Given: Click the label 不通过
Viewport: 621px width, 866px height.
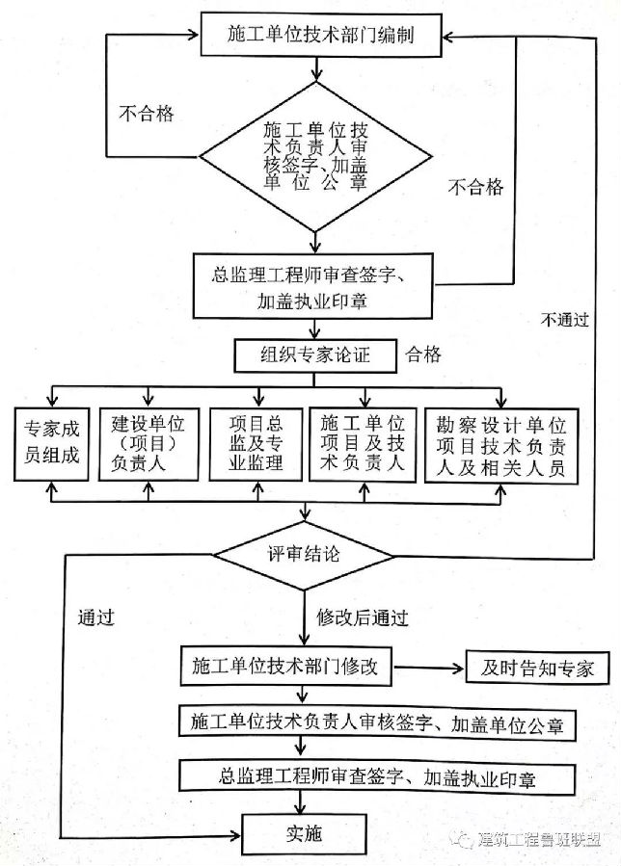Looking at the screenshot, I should (x=565, y=320).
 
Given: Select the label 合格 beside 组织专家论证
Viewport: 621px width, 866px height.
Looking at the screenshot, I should (x=424, y=354).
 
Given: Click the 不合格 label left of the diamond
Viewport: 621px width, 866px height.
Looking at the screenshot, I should (x=147, y=114).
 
